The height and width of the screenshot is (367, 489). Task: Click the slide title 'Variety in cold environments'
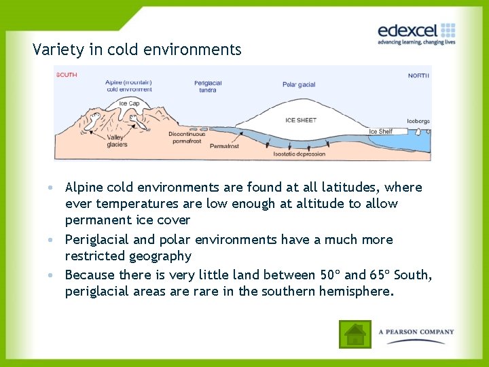pyautogui.click(x=137, y=50)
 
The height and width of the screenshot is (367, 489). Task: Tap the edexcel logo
pyautogui.click(x=416, y=32)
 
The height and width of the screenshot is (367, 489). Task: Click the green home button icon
pyautogui.click(x=355, y=334)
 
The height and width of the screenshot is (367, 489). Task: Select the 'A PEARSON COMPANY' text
pyautogui.click(x=416, y=332)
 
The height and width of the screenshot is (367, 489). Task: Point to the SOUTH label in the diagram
pyautogui.click(x=67, y=75)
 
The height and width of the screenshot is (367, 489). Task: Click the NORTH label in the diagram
pyautogui.click(x=418, y=75)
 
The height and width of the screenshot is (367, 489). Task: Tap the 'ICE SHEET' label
pyautogui.click(x=301, y=120)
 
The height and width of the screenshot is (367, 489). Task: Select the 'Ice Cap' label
pyautogui.click(x=128, y=104)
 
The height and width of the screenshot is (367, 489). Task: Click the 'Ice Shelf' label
pyautogui.click(x=381, y=131)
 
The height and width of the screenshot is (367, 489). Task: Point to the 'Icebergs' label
pyautogui.click(x=418, y=121)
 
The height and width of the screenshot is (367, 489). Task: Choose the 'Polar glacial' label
pyautogui.click(x=299, y=85)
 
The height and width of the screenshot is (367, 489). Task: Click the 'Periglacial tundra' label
pyautogui.click(x=208, y=86)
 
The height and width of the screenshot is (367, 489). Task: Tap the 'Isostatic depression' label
pyautogui.click(x=299, y=154)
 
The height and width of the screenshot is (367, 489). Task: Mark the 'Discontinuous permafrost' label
pyautogui.click(x=187, y=137)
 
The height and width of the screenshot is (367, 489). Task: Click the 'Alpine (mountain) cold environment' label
pyautogui.click(x=128, y=86)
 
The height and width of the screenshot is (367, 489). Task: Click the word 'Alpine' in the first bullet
pyautogui.click(x=84, y=188)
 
